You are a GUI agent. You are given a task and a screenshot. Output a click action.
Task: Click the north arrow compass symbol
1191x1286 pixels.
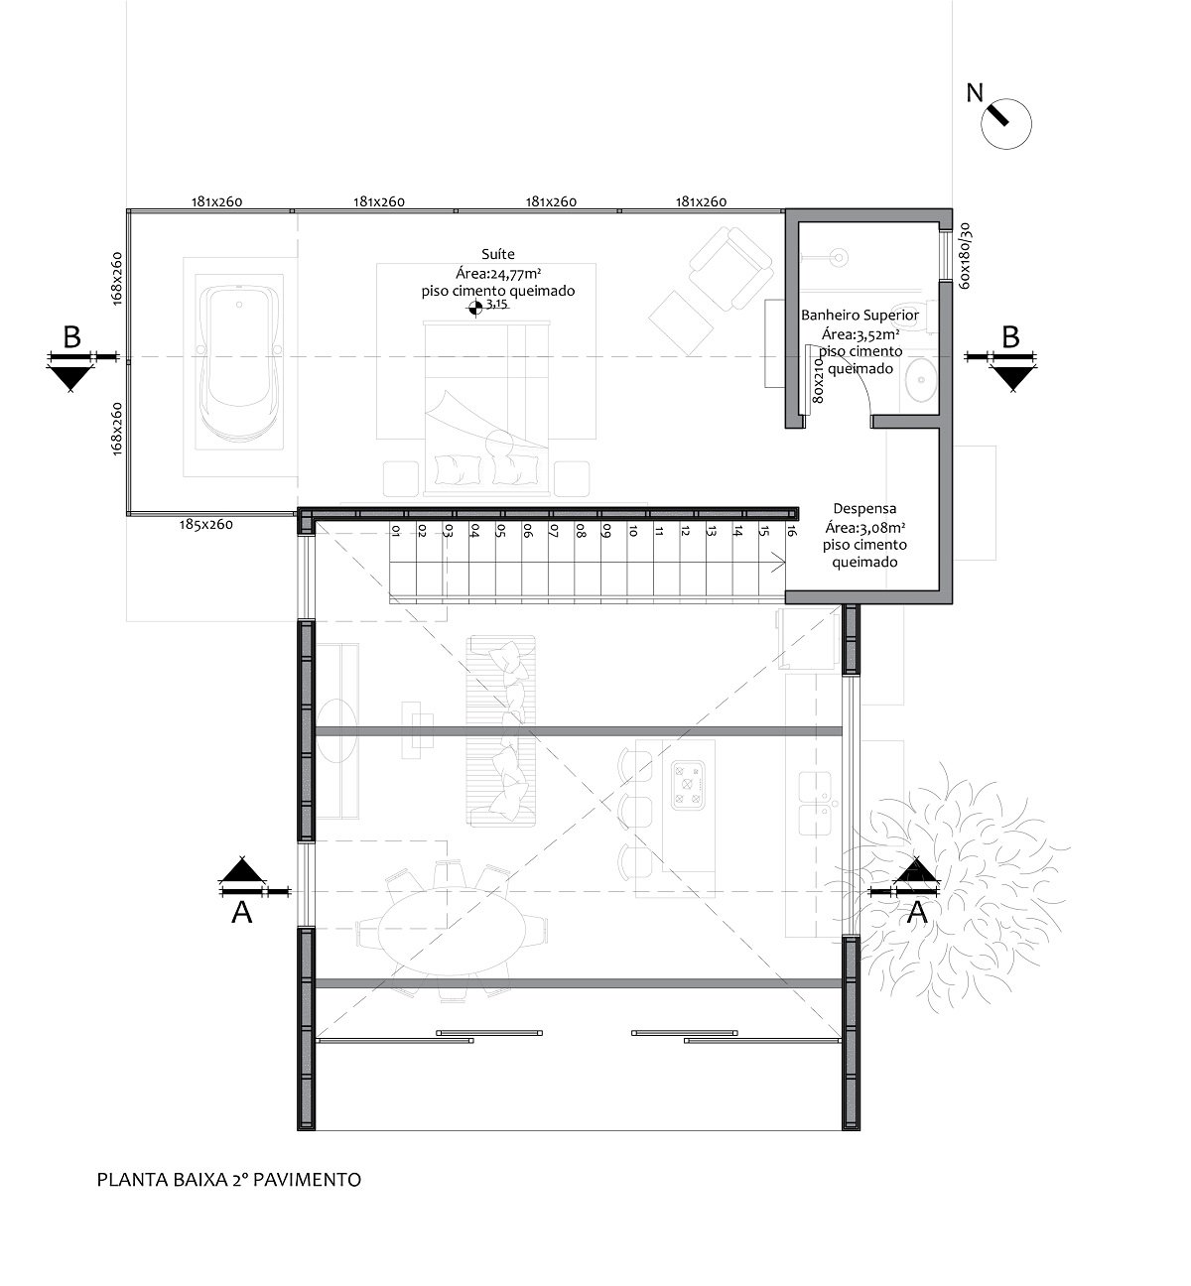pyautogui.click(x=1005, y=122)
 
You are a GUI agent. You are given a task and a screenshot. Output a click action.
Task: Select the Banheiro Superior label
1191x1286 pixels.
pyautogui.click(x=860, y=315)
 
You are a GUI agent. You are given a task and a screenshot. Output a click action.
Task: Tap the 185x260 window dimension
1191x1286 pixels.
pyautogui.click(x=205, y=524)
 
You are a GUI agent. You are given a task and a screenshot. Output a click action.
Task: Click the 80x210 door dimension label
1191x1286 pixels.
pyautogui.click(x=818, y=377)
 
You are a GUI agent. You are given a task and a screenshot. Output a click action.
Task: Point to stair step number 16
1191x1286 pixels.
pyautogui.click(x=790, y=532)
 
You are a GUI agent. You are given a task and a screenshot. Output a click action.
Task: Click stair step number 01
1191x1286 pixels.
pyautogui.click(x=395, y=532)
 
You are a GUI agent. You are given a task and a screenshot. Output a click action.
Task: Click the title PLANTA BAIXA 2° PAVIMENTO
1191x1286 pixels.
pyautogui.click(x=228, y=1180)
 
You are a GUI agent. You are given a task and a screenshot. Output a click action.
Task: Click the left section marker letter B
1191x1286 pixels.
pyautogui.click(x=71, y=337)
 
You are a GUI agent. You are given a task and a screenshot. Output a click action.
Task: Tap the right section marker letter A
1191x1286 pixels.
pyautogui.click(x=918, y=911)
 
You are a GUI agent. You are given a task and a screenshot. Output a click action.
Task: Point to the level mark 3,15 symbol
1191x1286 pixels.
pyautogui.click(x=475, y=310)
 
